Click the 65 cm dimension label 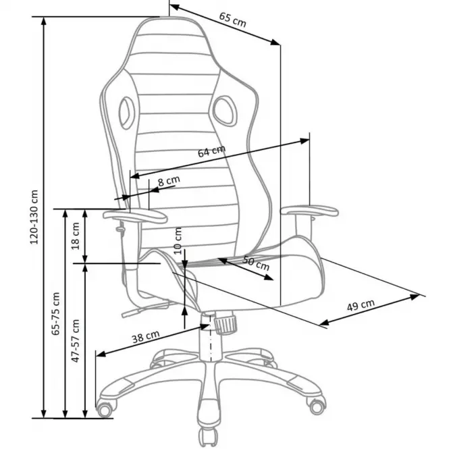click(232, 20)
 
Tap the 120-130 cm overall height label click(34, 217)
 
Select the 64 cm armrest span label click(211, 151)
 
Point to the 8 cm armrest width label click(169, 181)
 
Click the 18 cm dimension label click(76, 236)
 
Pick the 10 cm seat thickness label click(178, 240)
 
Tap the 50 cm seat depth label click(256, 263)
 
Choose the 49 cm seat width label click(361, 305)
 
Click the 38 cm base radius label click(145, 337)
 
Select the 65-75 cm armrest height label click(55, 313)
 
